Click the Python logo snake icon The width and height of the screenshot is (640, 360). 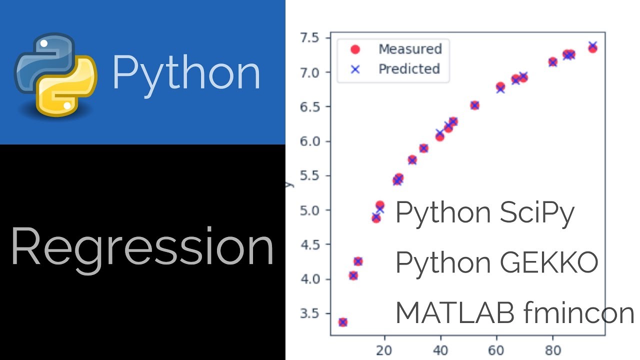tap(55, 74)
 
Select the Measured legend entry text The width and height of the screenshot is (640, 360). tap(410, 49)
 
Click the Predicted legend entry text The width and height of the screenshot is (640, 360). tap(409, 68)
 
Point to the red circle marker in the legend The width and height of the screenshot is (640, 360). tap(355, 49)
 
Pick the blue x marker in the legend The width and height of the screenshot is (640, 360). tap(355, 69)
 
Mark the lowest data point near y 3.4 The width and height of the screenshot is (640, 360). tap(342, 322)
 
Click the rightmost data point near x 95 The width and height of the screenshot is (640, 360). tap(592, 47)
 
